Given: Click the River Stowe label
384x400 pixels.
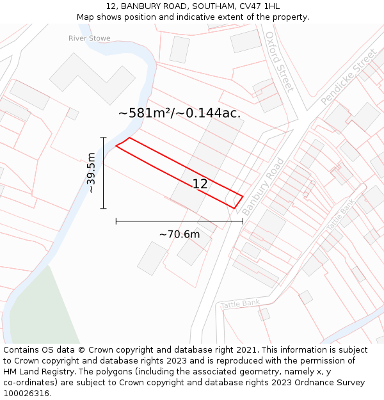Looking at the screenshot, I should pos(90,38).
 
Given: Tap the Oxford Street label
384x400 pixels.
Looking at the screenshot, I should pos(279,61).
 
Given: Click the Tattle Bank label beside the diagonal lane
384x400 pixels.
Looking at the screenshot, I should pos(340,216).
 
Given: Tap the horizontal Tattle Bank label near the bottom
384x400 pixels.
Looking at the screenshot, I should pos(240,304).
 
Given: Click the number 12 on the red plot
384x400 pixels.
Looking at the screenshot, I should pos(200,184).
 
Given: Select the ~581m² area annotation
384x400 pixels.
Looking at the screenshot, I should pos(179,113).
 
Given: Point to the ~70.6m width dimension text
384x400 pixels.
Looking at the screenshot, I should pos(179,234).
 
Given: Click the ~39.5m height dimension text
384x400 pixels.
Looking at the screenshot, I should pos(92,173).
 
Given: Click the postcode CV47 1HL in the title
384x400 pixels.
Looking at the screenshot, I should pos(259,6).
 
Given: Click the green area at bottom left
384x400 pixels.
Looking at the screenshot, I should pos(45,314).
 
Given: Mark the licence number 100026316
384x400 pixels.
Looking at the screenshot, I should pos(27,393).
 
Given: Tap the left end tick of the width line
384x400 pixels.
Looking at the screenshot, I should pos(116,221).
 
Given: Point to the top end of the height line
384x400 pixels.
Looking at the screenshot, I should pos(103,138).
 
